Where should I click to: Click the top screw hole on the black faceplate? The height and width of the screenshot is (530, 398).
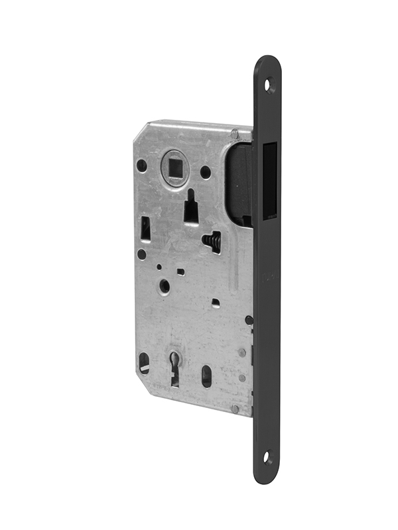pos(269,85)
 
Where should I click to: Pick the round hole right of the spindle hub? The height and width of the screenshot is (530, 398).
pos(206,172)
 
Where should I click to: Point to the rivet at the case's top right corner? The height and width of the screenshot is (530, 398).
pos(235,134)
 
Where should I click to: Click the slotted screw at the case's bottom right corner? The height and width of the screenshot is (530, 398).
pos(235,409)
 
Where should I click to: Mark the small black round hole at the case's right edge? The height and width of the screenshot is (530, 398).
pos(249,320)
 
